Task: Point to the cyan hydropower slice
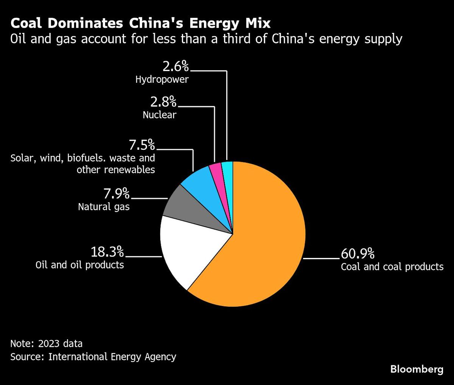click(x=227, y=169)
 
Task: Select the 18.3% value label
click(x=107, y=251)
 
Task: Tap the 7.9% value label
click(x=117, y=194)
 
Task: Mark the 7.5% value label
click(x=142, y=145)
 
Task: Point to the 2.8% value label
click(x=163, y=102)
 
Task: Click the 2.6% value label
click(x=176, y=67)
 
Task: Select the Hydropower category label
click(x=162, y=80)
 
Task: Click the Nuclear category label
click(x=159, y=115)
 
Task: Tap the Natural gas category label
click(x=104, y=207)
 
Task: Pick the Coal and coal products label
click(x=392, y=267)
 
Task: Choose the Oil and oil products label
click(x=80, y=264)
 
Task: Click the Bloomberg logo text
click(x=417, y=369)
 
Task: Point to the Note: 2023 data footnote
click(x=46, y=344)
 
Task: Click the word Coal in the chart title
click(x=28, y=24)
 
